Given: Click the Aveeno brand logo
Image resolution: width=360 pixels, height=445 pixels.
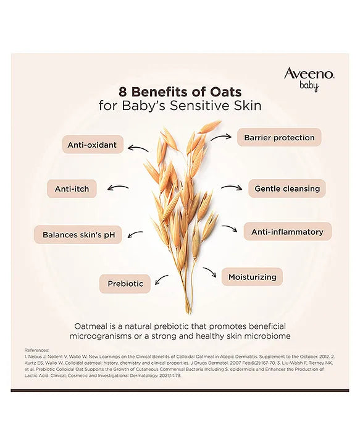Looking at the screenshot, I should click(309, 74).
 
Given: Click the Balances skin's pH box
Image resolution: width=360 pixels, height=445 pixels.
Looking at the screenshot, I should click(78, 235).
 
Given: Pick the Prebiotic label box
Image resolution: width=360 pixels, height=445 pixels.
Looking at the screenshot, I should click(125, 284).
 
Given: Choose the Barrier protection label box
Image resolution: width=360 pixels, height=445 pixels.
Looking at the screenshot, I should click(279, 137).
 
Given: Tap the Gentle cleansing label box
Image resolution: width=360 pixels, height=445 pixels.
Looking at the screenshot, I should click(287, 189).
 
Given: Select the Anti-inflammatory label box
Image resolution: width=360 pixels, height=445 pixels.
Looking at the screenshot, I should click(287, 232).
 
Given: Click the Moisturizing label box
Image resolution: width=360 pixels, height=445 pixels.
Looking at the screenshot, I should click(252, 277).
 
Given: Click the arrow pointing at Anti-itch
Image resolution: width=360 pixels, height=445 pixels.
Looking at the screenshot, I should click(118, 188).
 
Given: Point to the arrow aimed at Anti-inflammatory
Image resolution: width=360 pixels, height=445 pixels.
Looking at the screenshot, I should click(230, 229).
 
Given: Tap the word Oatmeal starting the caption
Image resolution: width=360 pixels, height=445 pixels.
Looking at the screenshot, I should click(92, 326).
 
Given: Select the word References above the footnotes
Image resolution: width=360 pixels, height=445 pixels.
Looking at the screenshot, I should click(37, 350).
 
